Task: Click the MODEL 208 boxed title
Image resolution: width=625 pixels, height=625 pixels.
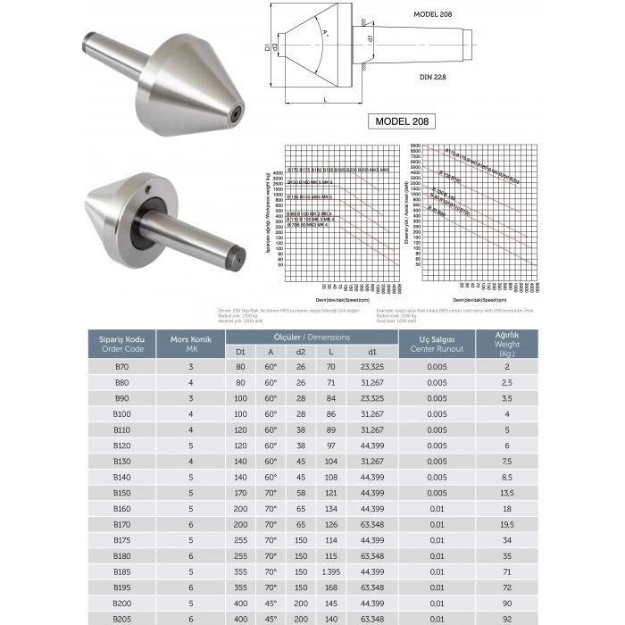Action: coord(402,121)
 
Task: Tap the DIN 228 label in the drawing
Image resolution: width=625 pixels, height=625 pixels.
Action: coord(432,77)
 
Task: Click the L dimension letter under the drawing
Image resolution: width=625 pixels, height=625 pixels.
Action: coord(325,100)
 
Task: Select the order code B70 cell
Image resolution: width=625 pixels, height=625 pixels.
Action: coord(122,367)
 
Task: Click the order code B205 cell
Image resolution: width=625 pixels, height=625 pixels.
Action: coord(122,619)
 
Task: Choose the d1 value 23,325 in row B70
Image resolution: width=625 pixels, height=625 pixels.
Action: coord(372,367)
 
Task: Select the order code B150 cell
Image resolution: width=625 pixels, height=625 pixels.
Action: coord(122,493)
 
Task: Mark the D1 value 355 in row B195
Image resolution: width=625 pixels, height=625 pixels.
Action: coord(240,587)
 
